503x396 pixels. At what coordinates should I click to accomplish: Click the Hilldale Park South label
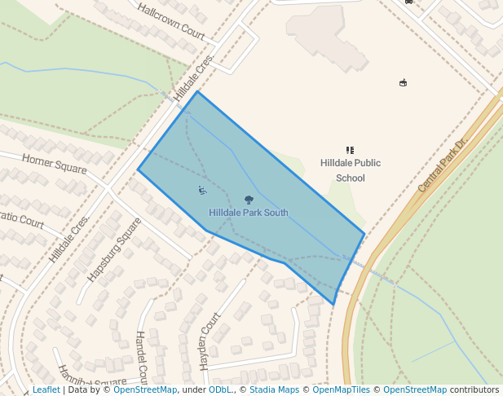click(248, 213)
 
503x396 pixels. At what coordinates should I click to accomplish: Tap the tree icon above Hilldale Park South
click(249, 200)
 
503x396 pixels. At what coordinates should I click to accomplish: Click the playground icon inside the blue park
click(202, 191)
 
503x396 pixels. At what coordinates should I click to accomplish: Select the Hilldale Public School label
click(351, 170)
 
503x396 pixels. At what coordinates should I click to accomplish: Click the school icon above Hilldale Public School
click(351, 150)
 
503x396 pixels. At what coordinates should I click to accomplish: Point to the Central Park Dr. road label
click(441, 165)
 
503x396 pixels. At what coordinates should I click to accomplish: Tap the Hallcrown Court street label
click(171, 21)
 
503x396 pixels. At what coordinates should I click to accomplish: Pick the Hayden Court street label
click(211, 340)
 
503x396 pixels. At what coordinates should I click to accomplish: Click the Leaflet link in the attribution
click(46, 390)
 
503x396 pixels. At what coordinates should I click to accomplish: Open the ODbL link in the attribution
click(220, 390)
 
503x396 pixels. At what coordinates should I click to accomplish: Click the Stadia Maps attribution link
click(274, 390)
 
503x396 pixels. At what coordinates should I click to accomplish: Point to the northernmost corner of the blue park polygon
click(197, 91)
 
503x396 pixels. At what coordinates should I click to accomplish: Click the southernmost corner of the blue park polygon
click(333, 305)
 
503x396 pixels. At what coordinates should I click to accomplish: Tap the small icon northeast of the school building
click(403, 82)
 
